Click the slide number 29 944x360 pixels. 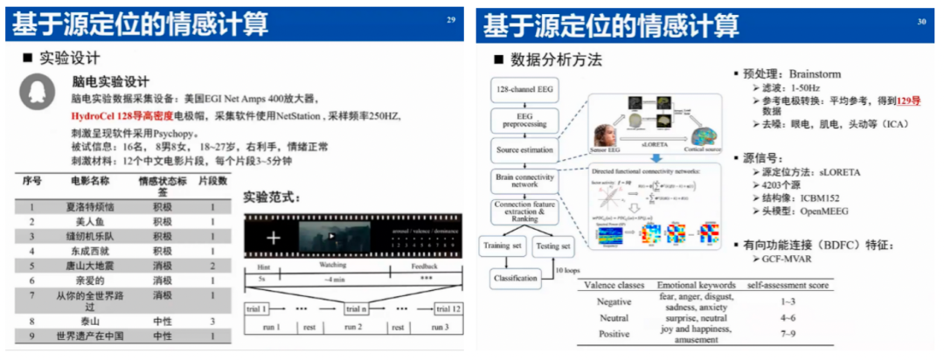coord(451,18)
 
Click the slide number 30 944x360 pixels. coord(921,19)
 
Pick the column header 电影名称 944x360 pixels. coord(90,181)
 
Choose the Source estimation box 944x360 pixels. coord(524,149)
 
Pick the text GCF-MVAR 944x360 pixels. coord(786,261)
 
